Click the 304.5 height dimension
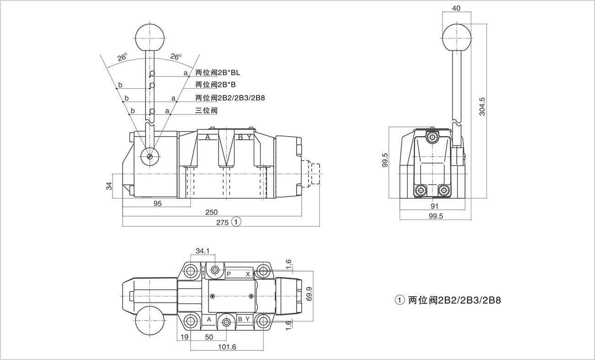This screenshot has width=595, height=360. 482,107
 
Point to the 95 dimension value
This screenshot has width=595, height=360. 157,203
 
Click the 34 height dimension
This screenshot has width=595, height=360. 109,186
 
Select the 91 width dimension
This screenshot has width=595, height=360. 434,206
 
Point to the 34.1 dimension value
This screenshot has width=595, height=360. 202,251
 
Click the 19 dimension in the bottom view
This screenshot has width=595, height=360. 184,337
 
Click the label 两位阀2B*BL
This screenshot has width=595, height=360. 217,72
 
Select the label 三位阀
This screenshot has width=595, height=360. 206,110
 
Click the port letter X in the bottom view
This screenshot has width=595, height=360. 248,274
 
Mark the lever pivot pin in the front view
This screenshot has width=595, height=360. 150,156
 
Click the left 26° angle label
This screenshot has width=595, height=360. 122,58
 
